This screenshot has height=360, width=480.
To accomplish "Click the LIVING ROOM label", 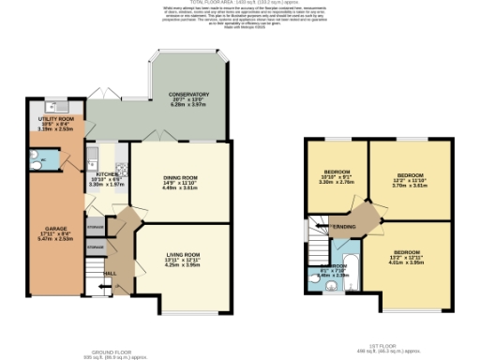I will tap(183, 255).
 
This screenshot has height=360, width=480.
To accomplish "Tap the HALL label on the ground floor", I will tap(109, 273).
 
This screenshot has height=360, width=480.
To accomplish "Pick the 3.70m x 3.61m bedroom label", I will tap(410, 175).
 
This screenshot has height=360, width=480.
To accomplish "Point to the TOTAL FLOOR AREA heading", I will tap(240, 4).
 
